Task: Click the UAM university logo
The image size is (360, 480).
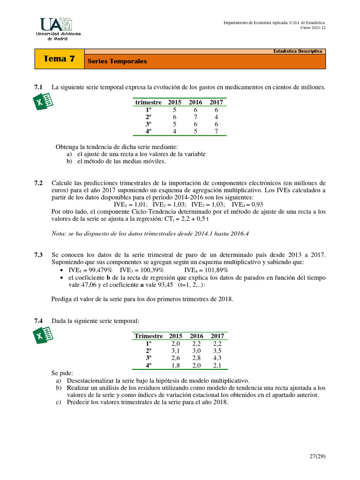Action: pyautogui.click(x=58, y=29)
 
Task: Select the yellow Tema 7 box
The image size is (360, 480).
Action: pyautogui.click(x=59, y=59)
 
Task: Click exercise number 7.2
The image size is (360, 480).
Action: pyautogui.click(x=38, y=183)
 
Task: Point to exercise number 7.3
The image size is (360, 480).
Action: pyautogui.click(x=38, y=255)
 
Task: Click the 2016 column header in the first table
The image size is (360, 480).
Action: pyautogui.click(x=195, y=102)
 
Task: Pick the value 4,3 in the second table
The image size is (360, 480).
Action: pyautogui.click(x=217, y=358)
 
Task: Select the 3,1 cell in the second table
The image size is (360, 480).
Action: pyautogui.click(x=176, y=351)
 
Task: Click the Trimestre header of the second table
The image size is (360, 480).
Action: pyautogui.click(x=149, y=336)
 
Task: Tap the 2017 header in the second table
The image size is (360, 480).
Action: pyautogui.click(x=217, y=336)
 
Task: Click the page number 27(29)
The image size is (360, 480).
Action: pyautogui.click(x=316, y=455)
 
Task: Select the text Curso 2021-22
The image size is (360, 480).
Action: pyautogui.click(x=313, y=27)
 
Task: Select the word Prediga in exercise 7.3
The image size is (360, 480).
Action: pyautogui.click(x=62, y=299)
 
